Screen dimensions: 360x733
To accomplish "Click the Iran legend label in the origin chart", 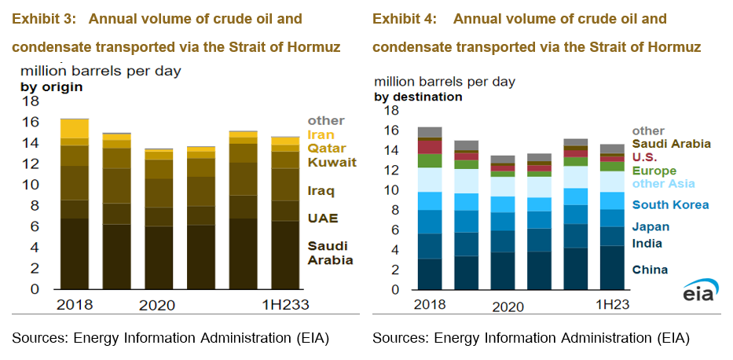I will point(321,134).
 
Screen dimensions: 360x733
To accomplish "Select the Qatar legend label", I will point(324,148).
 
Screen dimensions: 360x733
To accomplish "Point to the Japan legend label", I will point(651,227).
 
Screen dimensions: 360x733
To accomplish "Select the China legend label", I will point(650,270).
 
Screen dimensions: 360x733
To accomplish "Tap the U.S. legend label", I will point(646,157).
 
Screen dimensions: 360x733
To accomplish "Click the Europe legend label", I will point(654,171).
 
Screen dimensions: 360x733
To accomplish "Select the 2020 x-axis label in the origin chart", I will point(157,306).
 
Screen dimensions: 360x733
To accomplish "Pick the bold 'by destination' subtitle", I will point(418,97).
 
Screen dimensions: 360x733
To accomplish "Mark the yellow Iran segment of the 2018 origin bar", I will point(75,128).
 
